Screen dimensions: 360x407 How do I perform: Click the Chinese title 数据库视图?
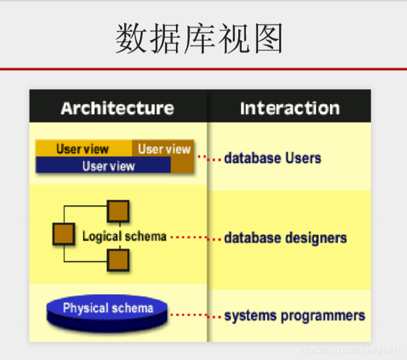click(x=200, y=38)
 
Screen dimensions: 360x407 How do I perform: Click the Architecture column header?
click(x=117, y=108)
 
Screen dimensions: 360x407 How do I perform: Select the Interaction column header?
click(x=290, y=108)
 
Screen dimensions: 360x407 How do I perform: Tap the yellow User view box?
click(x=83, y=149)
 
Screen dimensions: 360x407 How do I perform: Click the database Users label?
click(x=272, y=158)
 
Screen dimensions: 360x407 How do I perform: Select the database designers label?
click(x=285, y=238)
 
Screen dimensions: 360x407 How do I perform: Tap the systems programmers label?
click(x=294, y=316)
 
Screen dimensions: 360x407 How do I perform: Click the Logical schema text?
click(x=124, y=236)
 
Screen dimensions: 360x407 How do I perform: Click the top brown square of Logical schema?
click(x=118, y=211)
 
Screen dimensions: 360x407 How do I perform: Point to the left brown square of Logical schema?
click(x=64, y=234)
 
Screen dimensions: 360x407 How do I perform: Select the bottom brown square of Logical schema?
click(x=118, y=260)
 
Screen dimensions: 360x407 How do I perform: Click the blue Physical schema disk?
click(x=107, y=311)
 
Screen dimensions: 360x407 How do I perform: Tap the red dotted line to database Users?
click(x=209, y=158)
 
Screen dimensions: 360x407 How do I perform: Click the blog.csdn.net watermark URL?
click(x=351, y=351)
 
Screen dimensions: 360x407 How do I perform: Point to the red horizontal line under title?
click(x=203, y=69)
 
